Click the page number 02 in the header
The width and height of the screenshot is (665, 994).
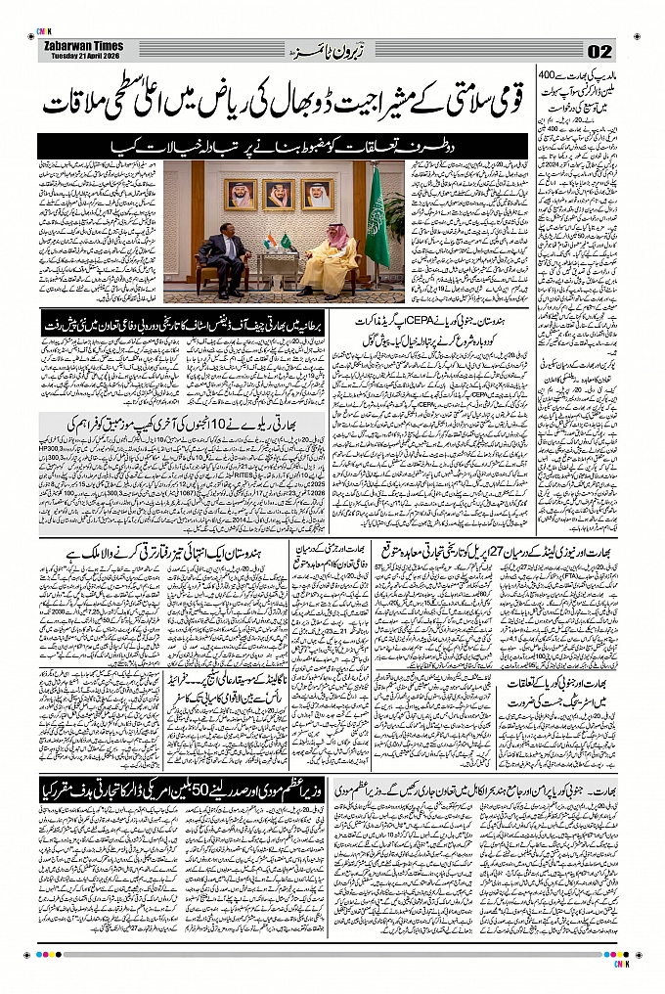coord(600,52)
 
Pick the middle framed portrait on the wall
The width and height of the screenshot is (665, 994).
coord(278,193)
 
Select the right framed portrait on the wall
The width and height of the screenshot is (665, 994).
coord(317,193)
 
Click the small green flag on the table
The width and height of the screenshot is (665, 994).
coord(284,241)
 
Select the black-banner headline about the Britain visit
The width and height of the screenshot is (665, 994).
coord(185,322)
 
